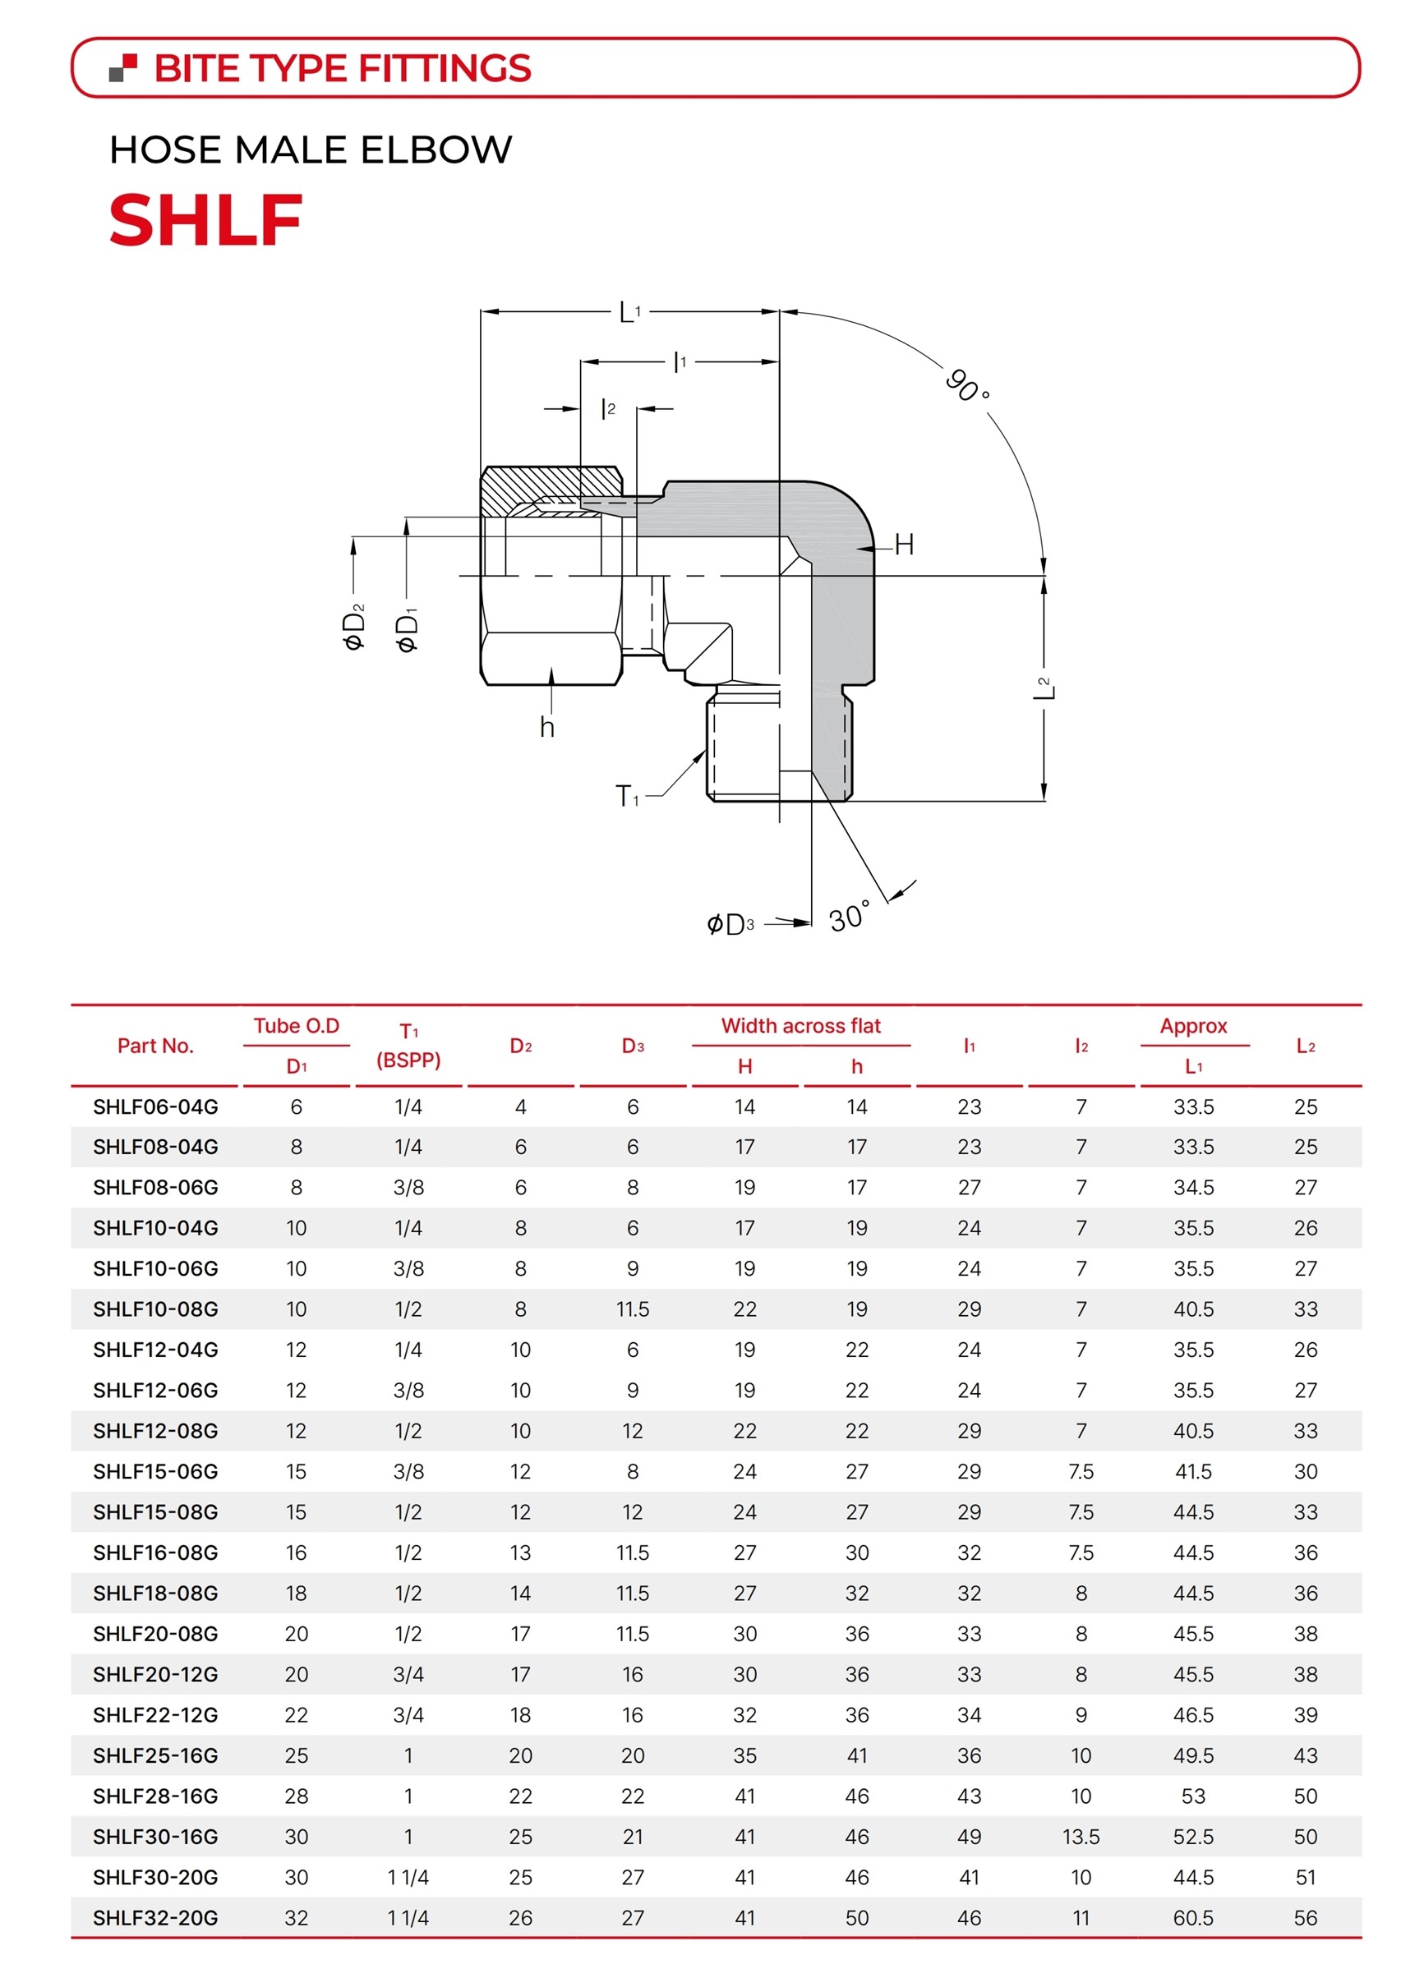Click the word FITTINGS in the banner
pos(445,68)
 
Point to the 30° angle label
pos(850,916)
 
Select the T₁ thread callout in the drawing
pos(627,795)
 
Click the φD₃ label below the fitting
pos(730,924)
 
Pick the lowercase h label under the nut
pos(546,727)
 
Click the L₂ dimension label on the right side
pos(1045,688)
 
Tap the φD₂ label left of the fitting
pos(354,627)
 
